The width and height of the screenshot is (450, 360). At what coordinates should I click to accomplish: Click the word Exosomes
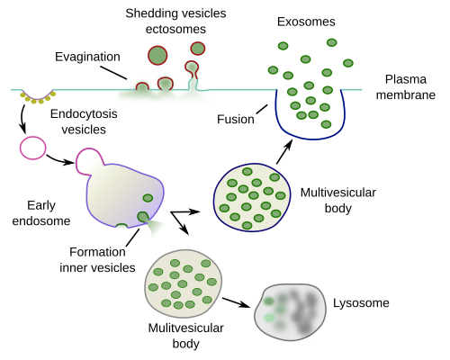click(x=306, y=22)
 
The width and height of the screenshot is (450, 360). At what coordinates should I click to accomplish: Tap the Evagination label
click(x=87, y=57)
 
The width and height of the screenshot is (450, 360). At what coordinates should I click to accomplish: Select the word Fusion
click(x=236, y=120)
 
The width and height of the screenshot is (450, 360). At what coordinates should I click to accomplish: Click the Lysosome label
click(x=361, y=303)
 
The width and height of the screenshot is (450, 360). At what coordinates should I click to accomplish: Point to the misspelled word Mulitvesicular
click(x=185, y=328)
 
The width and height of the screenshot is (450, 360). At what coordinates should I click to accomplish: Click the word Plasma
click(x=406, y=79)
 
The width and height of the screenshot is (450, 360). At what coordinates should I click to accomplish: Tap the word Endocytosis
click(x=84, y=114)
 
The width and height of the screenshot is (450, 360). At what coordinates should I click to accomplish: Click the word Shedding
click(x=152, y=13)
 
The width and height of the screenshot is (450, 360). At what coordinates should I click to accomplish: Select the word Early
click(x=41, y=206)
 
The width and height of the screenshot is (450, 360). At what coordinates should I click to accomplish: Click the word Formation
click(x=97, y=252)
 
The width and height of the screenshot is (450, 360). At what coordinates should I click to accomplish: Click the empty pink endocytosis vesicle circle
click(x=33, y=148)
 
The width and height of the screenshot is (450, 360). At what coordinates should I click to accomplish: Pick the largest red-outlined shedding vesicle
click(x=157, y=56)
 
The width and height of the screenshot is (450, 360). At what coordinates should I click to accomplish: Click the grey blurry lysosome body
click(x=291, y=312)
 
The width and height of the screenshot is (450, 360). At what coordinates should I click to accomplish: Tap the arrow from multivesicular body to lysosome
click(x=236, y=302)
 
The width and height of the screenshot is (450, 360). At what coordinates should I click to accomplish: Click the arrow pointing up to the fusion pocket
click(x=284, y=152)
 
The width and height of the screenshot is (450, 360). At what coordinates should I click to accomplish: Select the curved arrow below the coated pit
click(x=22, y=119)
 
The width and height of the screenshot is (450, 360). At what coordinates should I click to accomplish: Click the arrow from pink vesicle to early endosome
click(x=60, y=160)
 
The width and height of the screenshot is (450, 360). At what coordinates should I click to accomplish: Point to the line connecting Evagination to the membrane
click(x=113, y=73)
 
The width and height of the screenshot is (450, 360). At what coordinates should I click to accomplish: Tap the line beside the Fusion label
click(x=262, y=109)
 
